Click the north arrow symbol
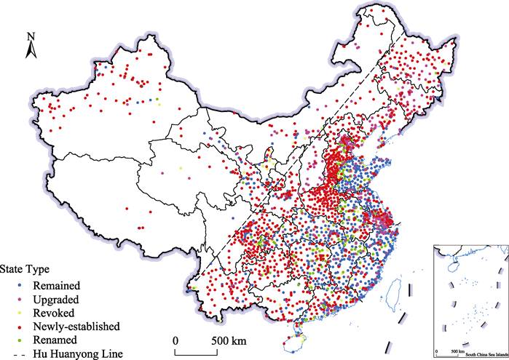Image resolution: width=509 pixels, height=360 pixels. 30,49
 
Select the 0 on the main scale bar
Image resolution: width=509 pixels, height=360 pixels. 175,340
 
